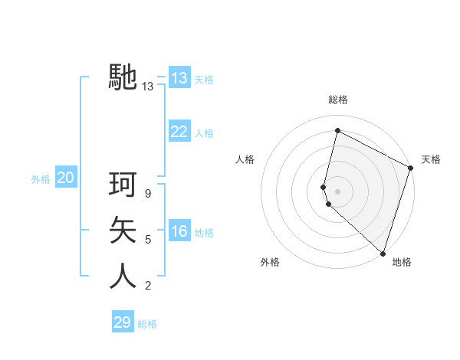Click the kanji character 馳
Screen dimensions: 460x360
coord(123,77)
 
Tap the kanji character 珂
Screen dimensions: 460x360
coord(123,185)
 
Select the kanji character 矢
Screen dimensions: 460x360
coord(123,230)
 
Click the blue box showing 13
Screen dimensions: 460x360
coord(179,78)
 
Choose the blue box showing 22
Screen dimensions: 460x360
coord(179,132)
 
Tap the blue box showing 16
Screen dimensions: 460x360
coord(179,232)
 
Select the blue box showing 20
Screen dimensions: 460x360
coord(65,178)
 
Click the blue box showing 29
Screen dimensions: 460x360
coord(122,322)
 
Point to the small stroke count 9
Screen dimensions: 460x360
coord(148,194)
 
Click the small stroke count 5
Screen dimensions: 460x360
coord(148,240)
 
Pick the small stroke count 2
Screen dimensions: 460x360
coord(148,286)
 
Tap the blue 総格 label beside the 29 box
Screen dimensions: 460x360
coord(147,324)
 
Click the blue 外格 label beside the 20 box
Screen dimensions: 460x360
coord(41,179)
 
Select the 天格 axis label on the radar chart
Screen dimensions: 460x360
coord(431,159)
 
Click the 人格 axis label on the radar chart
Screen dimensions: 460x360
coord(245,159)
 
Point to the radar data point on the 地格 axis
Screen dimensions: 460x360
coord(383,253)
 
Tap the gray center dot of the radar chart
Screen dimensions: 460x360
coord(337,191)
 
